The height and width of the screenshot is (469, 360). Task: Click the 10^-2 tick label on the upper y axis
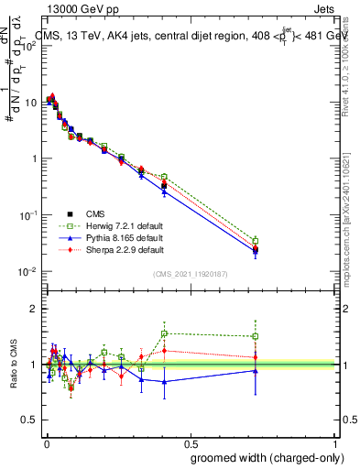click(x=28, y=271)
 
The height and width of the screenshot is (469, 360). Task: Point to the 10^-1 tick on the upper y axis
click(x=28, y=214)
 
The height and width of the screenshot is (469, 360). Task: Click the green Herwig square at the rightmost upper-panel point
click(x=256, y=241)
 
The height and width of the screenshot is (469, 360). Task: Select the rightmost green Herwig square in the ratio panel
click(x=256, y=336)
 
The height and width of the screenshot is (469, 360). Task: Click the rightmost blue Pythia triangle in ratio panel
click(x=256, y=371)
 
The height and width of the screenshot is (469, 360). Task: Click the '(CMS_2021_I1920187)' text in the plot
click(x=190, y=273)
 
